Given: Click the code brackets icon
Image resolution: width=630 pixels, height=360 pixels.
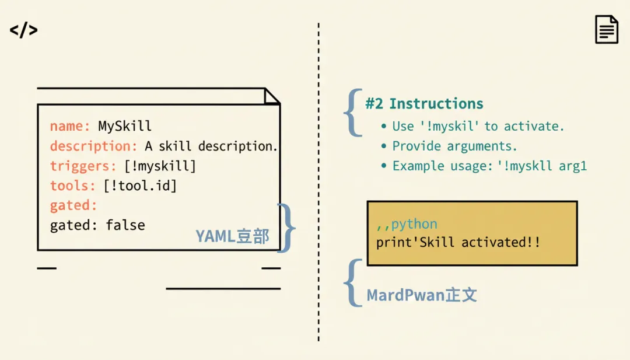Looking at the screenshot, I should click(24, 30).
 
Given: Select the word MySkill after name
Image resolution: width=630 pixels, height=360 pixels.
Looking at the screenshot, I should click(125, 126).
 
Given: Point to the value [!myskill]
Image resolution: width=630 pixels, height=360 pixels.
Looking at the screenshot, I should click(160, 166).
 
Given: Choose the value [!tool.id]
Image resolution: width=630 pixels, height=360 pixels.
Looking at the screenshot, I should click(140, 186).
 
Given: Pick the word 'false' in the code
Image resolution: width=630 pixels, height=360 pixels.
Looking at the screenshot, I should click(125, 225).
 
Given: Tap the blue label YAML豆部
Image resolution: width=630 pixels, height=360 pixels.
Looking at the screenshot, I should click(232, 236).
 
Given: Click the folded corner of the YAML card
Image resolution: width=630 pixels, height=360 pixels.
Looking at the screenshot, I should click(272, 96).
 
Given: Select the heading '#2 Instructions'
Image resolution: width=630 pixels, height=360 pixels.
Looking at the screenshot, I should click(424, 104).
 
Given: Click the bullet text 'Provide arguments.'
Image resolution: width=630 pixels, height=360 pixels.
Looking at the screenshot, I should click(454, 146).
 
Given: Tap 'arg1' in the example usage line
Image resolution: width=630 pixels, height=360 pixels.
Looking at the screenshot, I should click(573, 166).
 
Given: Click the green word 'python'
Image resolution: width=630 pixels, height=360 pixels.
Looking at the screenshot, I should click(414, 224).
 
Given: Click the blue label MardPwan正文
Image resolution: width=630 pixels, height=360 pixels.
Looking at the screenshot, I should click(422, 295).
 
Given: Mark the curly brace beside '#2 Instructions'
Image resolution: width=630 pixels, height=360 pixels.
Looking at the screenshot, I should click(352, 113).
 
